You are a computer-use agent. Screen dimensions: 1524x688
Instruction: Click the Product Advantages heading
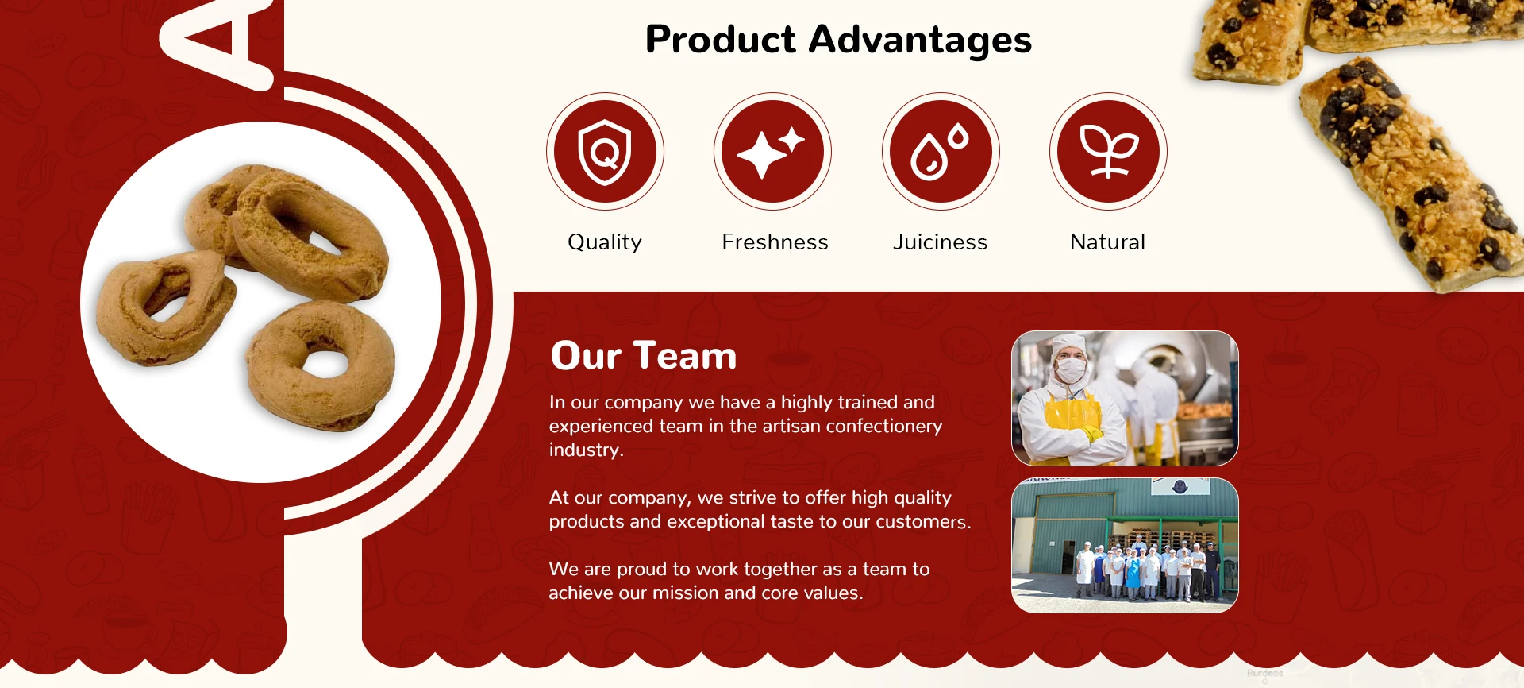coord(838,40)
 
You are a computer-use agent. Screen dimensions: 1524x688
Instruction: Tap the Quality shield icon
coord(605,152)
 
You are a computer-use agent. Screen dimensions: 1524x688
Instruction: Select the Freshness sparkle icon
coord(771,152)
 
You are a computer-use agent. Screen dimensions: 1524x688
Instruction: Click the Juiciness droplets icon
coord(940,152)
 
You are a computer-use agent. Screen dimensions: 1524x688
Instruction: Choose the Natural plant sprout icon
coord(1109,152)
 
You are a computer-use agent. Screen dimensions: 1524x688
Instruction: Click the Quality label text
coord(605,242)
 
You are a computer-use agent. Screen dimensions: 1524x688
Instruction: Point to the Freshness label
coord(775,242)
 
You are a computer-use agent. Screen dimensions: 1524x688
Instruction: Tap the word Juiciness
coord(940,242)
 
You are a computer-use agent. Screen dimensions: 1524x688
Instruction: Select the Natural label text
coord(1107,242)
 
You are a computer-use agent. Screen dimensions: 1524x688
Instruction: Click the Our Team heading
coord(644,355)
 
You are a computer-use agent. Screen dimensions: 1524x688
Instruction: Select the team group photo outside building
coord(1125,545)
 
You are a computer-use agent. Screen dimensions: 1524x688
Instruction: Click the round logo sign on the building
coord(1180,486)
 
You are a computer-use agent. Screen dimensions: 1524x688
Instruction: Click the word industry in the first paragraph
coord(586,450)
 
